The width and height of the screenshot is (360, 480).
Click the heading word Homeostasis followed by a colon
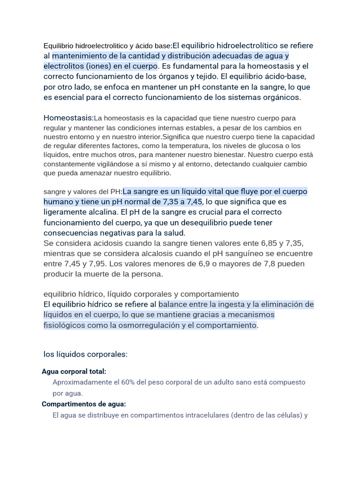pos(68,118)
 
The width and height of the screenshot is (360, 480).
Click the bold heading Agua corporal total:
pos(74,371)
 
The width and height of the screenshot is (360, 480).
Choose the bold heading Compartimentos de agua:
pos(84,404)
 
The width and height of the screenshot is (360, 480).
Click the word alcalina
pos(95,212)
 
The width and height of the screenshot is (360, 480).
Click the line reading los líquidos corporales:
pos(85,354)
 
